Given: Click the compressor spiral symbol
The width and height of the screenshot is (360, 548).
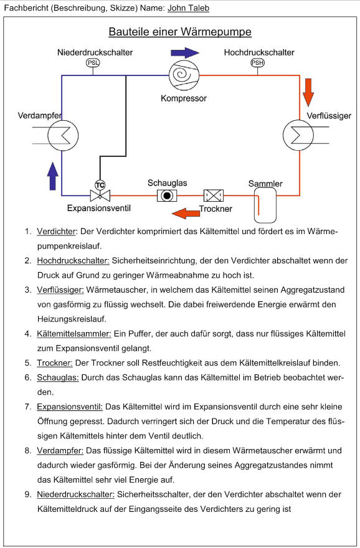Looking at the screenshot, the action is pyautogui.click(x=184, y=75).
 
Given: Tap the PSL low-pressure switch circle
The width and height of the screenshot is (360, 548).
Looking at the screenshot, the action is pyautogui.click(x=93, y=63).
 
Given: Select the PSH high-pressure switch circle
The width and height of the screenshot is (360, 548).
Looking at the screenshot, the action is pyautogui.click(x=258, y=63).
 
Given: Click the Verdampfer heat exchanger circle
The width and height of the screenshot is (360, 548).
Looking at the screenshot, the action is pyautogui.click(x=63, y=135).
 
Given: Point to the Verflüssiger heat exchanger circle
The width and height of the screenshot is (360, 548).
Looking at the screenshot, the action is pyautogui.click(x=298, y=135).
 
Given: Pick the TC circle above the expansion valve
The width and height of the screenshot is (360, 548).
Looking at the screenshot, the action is pyautogui.click(x=100, y=185).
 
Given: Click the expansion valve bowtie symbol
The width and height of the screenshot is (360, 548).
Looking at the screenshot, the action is pyautogui.click(x=100, y=196).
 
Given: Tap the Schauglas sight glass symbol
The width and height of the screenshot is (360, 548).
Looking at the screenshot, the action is pyautogui.click(x=167, y=196).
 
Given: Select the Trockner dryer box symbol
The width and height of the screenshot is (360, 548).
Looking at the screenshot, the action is pyautogui.click(x=214, y=196).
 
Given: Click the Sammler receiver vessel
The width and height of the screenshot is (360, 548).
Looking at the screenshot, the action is pyautogui.click(x=265, y=205).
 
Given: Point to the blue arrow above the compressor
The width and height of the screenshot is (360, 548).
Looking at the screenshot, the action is pyautogui.click(x=185, y=53).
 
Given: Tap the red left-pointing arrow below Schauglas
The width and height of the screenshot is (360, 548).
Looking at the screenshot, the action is pyautogui.click(x=186, y=213).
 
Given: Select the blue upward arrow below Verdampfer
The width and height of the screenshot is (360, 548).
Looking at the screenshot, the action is pyautogui.click(x=53, y=176).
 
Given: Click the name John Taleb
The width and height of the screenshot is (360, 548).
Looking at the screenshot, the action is pyautogui.click(x=188, y=8).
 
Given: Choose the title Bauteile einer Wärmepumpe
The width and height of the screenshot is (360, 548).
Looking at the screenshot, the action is pyautogui.click(x=180, y=32).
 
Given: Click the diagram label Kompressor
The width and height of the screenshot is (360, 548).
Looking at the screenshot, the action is pyautogui.click(x=184, y=98).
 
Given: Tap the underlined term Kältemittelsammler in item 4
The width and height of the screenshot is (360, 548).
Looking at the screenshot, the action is pyautogui.click(x=74, y=334).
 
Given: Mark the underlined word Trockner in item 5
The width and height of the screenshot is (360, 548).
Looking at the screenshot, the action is pyautogui.click(x=55, y=363).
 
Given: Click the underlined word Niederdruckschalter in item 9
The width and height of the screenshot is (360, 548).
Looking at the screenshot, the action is pyautogui.click(x=76, y=494).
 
